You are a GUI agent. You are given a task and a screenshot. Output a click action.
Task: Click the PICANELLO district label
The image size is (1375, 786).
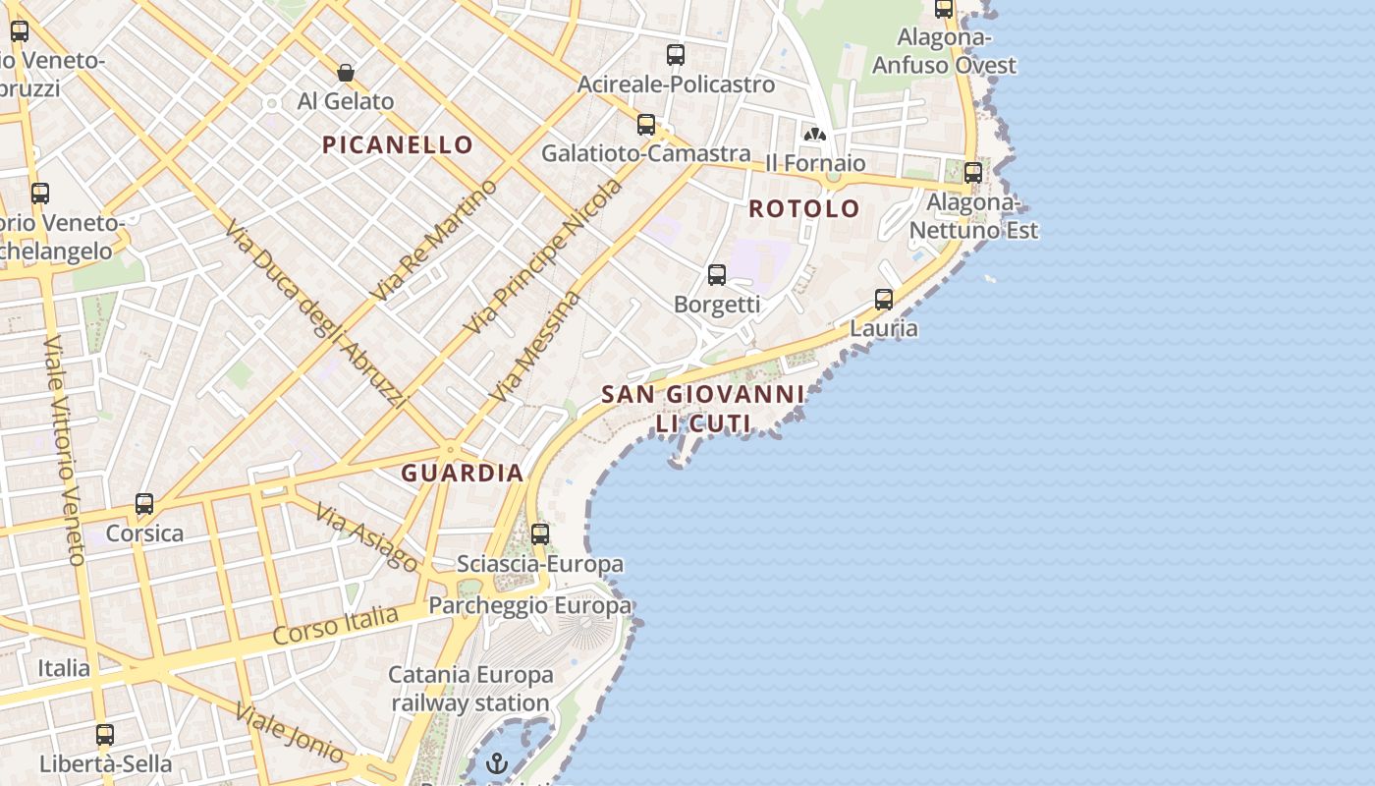pyautogui.click(x=398, y=145)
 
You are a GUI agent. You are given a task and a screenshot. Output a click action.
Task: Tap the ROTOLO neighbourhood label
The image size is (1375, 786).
pyautogui.click(x=804, y=208)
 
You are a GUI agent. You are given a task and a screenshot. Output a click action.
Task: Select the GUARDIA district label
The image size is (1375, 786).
pyautogui.click(x=462, y=473)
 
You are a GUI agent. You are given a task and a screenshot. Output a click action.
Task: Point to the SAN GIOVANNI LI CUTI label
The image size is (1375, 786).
pyautogui.click(x=702, y=409)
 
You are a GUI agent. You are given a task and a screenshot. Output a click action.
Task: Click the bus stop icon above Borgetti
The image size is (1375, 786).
pyautogui.click(x=717, y=275)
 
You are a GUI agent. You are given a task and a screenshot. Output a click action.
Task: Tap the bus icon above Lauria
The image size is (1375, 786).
pyautogui.click(x=884, y=300)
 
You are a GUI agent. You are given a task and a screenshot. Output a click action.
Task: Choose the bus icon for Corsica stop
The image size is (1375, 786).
pyautogui.click(x=144, y=504)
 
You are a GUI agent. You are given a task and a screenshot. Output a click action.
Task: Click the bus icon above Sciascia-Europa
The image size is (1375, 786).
pyautogui.click(x=540, y=534)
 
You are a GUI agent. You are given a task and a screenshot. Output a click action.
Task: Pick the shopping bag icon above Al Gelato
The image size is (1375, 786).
pyautogui.click(x=346, y=72)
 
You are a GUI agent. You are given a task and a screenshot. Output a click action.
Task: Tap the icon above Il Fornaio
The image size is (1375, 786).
pyautogui.click(x=814, y=134)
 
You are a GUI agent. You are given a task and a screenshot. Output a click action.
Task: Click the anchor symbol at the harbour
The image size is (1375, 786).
pyautogui.click(x=498, y=763)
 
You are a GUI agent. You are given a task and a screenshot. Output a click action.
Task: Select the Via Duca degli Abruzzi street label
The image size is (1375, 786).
pyautogui.click(x=314, y=314)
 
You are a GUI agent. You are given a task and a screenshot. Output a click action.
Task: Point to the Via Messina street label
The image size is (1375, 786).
pyautogui.click(x=535, y=346)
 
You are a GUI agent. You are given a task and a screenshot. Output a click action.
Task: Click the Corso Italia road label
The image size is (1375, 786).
pyautogui.click(x=336, y=625)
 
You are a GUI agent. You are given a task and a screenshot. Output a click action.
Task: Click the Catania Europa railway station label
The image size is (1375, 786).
pyautogui.click(x=470, y=689)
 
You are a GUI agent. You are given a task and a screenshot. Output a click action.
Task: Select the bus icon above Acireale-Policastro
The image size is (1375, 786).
pyautogui.click(x=675, y=55)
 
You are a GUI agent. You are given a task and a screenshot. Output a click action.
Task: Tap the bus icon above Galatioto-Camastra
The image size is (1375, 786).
pyautogui.click(x=646, y=125)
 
